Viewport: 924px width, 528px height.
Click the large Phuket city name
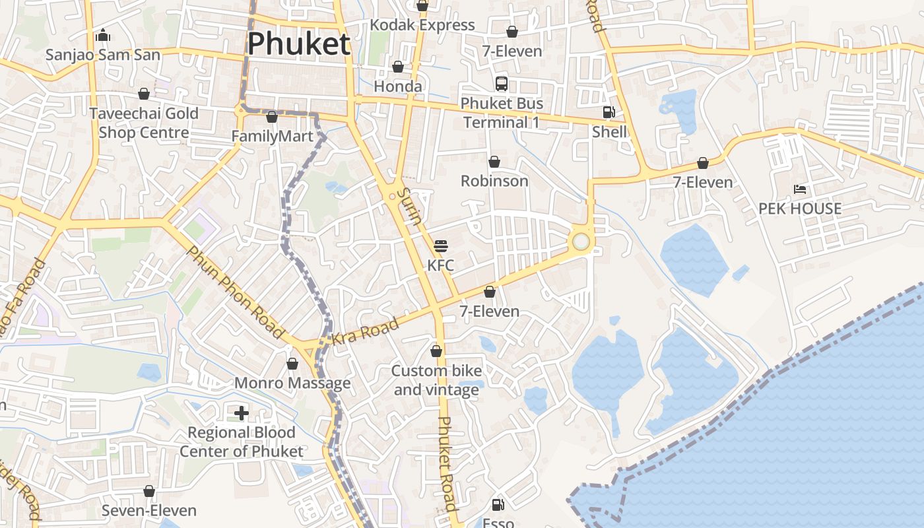(298, 44)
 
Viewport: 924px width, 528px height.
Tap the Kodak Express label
(422, 25)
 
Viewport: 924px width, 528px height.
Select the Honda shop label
(398, 86)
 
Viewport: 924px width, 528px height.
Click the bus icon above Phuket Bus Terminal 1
(502, 83)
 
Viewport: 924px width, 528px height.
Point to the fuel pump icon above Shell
(609, 112)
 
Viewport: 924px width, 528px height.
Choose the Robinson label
(494, 181)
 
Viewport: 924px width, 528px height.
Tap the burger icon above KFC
(441, 246)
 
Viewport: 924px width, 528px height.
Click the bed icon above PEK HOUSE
(800, 189)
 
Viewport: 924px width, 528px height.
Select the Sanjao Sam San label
(103, 55)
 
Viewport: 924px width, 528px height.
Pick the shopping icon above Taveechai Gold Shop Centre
(144, 94)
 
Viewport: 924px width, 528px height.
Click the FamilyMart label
(272, 137)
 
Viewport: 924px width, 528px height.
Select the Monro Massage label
(292, 383)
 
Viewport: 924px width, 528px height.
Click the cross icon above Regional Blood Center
(242, 413)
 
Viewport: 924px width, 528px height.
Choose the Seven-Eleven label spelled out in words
(149, 511)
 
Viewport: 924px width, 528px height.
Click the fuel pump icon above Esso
(498, 505)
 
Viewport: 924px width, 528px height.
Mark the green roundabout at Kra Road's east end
(581, 242)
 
